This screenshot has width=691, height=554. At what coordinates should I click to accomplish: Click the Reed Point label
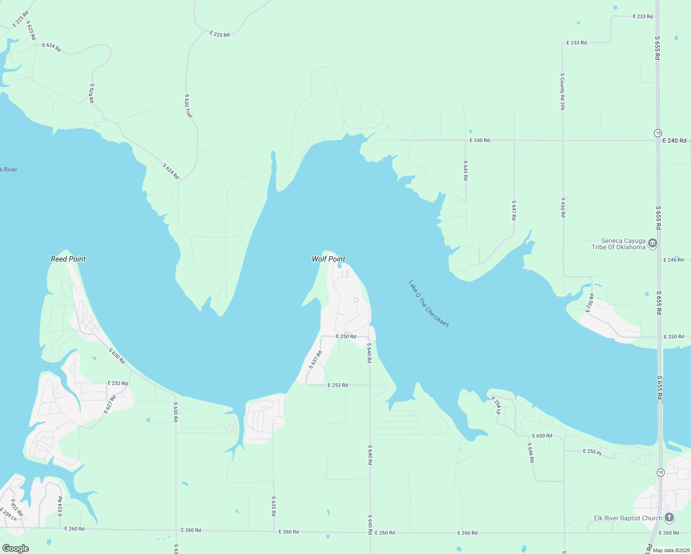coord(68,259)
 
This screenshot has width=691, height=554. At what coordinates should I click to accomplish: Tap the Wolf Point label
coord(328,259)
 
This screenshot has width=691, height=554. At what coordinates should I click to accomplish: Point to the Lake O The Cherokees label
coord(429,304)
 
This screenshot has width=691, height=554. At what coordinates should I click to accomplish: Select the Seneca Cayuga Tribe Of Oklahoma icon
coord(653,243)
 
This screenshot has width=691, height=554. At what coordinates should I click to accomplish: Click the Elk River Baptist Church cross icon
coord(669,518)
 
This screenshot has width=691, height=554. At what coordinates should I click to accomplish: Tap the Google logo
coord(16,548)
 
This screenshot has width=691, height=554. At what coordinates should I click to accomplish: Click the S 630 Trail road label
coord(188,106)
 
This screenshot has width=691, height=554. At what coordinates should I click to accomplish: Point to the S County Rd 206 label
coord(562,91)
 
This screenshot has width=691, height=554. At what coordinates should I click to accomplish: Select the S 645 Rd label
coord(466,170)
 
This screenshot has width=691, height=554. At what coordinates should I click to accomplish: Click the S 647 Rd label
coord(514,210)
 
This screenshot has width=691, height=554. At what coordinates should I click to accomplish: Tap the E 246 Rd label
coord(673,260)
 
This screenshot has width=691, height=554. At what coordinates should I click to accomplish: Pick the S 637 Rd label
coord(315,359)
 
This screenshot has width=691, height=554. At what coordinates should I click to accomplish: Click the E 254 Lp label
coord(496,405)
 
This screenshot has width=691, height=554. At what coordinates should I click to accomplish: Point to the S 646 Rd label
coord(531,452)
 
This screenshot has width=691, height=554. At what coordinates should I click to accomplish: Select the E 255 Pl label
coord(592,452)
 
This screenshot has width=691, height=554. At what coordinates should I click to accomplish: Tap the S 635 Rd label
coord(273,506)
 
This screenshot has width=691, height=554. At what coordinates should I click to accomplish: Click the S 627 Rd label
coord(109,404)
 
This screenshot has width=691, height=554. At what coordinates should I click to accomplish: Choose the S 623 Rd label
coord(31,30)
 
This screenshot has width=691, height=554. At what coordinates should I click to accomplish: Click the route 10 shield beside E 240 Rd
coord(658,133)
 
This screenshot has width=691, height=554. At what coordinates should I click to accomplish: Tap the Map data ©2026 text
coord(669,550)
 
